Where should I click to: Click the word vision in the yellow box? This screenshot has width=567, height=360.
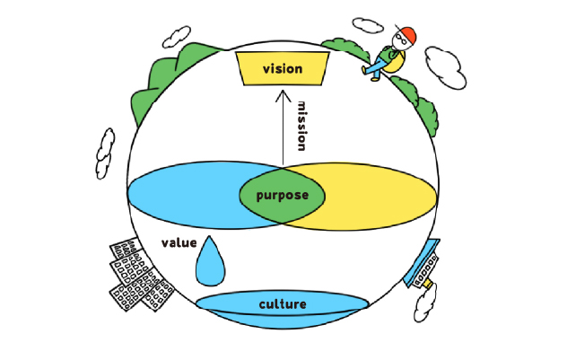[x=282, y=69]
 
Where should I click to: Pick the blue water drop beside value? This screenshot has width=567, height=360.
[x=212, y=260]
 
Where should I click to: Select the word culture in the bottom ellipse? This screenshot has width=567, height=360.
[x=283, y=303]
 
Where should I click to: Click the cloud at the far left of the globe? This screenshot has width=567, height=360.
[x=105, y=153]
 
